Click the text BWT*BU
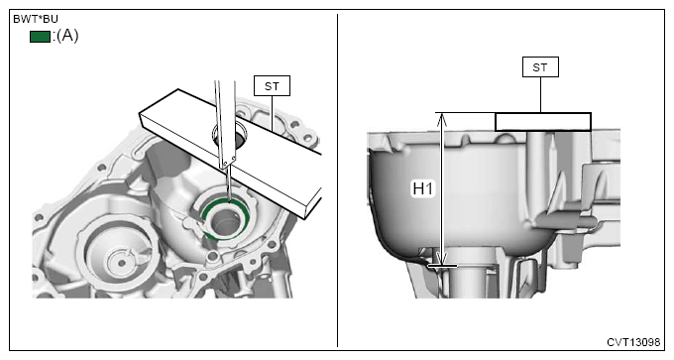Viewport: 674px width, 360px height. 36,20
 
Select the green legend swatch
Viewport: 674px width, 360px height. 40,37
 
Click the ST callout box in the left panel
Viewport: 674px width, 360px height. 272,86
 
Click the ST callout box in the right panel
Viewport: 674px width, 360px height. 540,67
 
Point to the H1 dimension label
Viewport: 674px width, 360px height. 423,188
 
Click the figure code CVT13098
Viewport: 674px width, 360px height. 633,342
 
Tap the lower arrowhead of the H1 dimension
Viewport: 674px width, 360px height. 441,260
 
